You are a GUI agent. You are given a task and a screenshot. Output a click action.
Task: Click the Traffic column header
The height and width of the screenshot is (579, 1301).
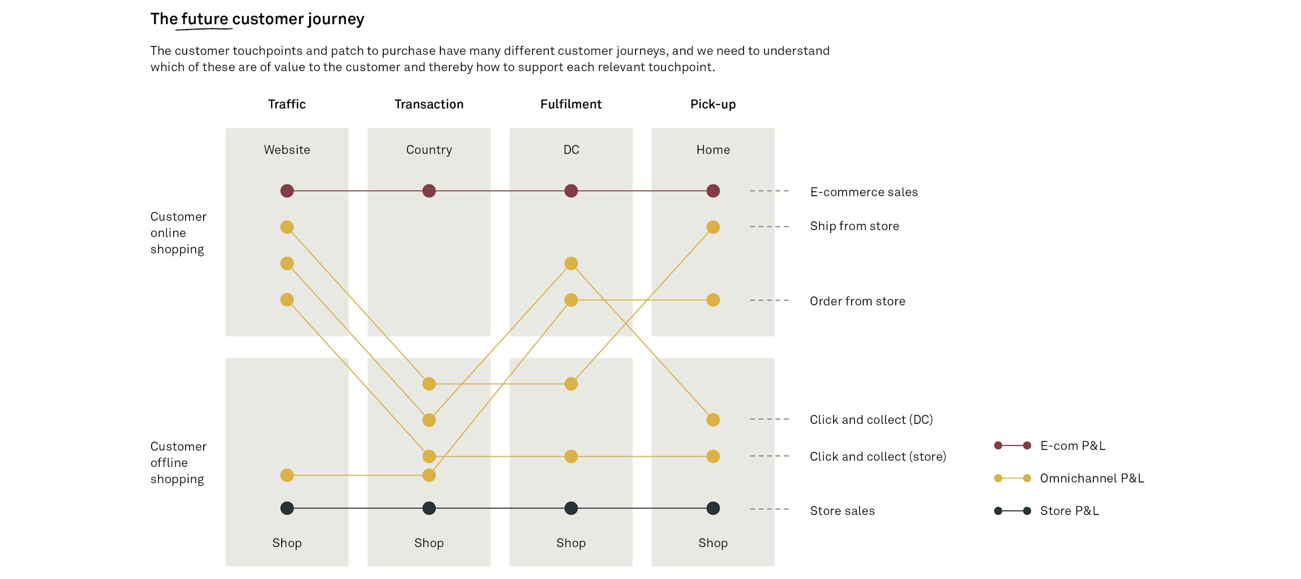pos(286,104)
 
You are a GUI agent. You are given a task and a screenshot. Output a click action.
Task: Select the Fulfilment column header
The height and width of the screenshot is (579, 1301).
pos(571,104)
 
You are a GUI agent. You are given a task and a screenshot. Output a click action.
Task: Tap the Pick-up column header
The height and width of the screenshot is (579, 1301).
pos(713,104)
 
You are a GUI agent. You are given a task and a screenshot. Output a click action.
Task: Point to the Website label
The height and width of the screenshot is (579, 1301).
pos(287,150)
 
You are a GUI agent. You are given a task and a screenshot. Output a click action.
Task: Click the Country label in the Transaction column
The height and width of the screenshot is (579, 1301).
pos(429,150)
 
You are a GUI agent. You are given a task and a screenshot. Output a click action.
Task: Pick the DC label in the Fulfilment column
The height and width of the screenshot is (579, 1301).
pos(571,150)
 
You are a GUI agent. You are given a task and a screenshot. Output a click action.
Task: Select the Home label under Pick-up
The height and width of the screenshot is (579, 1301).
pos(713,150)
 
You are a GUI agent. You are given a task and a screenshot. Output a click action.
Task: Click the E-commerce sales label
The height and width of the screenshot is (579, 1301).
pos(864,192)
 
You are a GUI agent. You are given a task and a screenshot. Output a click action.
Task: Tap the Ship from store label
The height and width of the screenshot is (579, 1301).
pos(854,226)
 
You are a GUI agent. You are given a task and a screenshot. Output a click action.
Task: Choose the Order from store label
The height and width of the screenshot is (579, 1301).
pos(857,301)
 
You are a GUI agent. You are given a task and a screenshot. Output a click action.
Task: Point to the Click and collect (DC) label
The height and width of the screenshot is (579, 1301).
pos(871,420)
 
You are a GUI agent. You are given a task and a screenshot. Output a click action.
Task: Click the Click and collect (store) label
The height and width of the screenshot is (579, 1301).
pos(878,457)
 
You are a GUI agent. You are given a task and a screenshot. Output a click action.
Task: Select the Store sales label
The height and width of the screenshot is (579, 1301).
pos(842,511)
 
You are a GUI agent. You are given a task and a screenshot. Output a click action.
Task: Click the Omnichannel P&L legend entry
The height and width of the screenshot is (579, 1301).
pos(1091,478)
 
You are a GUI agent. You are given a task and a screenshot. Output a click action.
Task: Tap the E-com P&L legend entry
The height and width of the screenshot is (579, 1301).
pos(1072,445)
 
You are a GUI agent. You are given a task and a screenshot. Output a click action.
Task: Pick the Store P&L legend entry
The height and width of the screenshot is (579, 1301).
pos(1069,511)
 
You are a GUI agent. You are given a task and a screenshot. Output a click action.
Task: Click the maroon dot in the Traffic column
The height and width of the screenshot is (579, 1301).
pos(287,191)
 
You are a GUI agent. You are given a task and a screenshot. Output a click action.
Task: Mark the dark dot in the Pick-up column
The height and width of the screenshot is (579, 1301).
pos(713,508)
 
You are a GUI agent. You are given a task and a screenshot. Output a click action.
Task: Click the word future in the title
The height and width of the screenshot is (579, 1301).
pos(205,19)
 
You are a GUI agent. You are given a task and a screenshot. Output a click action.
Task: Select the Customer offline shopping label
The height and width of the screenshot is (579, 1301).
pos(178,463)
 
